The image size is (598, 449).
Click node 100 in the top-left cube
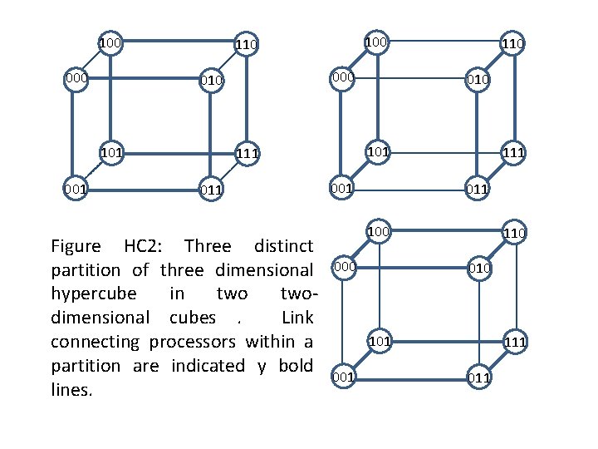[x=110, y=42]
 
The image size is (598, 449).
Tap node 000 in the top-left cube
[x=76, y=78]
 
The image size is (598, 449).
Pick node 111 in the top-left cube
[x=247, y=154]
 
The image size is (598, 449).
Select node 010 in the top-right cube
[x=478, y=79]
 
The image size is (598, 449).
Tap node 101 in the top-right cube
[x=378, y=152]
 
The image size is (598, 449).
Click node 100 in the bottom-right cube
[x=378, y=229]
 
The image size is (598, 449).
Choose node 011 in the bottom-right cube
[x=478, y=377]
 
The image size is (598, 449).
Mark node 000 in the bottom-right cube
[x=343, y=266]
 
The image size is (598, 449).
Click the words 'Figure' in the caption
[x=76, y=246]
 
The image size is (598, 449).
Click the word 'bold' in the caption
[x=295, y=366]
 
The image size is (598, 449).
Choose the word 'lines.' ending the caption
[x=71, y=389]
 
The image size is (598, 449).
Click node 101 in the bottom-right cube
[x=379, y=340]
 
